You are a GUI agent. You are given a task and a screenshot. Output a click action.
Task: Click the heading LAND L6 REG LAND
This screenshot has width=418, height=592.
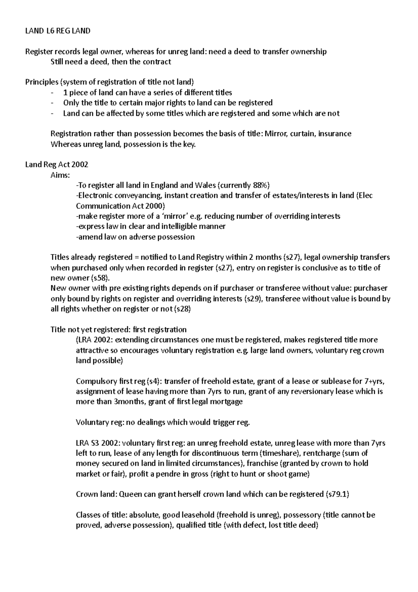point(58,31)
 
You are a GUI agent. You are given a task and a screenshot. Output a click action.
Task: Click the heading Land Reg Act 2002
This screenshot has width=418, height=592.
point(57,165)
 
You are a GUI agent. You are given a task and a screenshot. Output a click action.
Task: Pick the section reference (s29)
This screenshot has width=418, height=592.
point(252,299)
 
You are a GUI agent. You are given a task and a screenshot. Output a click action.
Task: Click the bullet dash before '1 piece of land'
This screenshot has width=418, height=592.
point(52,93)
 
